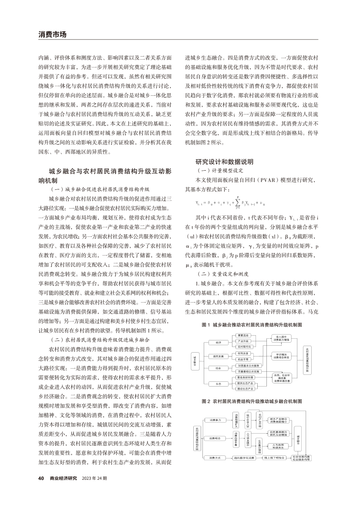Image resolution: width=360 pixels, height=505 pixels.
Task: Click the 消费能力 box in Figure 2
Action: coord(217,420)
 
